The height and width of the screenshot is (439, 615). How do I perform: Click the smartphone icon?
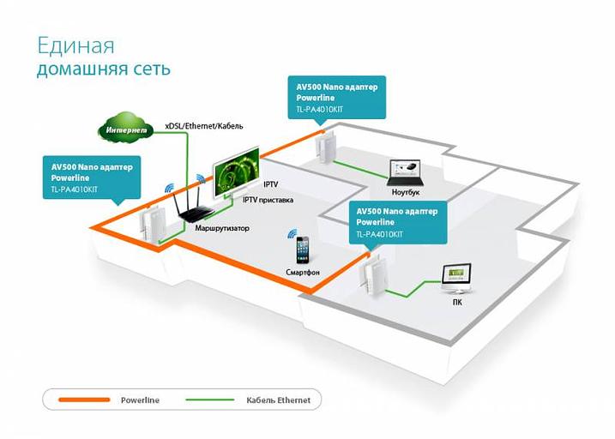(303, 250)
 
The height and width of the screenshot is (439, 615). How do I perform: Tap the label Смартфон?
(303, 272)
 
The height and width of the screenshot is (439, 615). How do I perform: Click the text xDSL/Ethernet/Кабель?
(203, 126)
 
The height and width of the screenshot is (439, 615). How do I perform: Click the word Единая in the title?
(75, 45)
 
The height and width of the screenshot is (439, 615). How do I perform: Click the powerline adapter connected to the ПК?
(370, 276)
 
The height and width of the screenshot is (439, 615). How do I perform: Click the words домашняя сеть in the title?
(103, 69)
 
